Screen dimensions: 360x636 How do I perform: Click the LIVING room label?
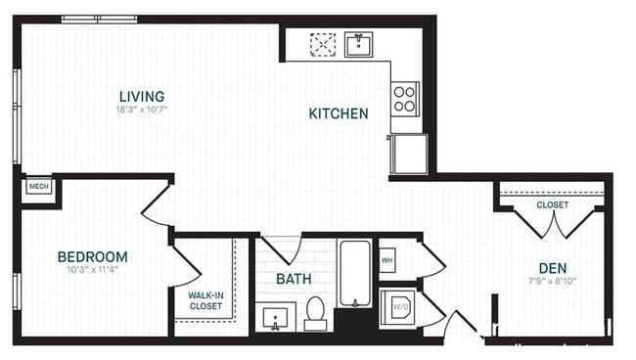(x=142, y=96)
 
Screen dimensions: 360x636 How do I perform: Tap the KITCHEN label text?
(x=339, y=113)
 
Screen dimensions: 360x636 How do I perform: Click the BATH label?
(x=294, y=279)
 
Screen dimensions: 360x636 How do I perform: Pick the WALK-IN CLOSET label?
(x=205, y=299)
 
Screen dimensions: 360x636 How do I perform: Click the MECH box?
(x=38, y=186)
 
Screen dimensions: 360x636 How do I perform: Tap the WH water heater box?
(x=386, y=260)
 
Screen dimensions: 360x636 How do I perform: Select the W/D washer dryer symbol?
(x=400, y=307)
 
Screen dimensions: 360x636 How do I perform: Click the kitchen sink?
(x=359, y=44)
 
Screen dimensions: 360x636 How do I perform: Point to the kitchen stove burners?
(x=405, y=97)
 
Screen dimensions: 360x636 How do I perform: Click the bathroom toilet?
(x=315, y=311)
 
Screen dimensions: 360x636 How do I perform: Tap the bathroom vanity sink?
(x=274, y=317)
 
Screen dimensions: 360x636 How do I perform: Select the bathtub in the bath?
(x=354, y=273)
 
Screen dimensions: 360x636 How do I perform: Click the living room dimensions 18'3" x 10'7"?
(x=142, y=111)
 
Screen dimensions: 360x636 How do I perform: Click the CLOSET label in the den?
(x=553, y=205)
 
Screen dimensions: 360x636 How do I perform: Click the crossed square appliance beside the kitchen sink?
(x=323, y=45)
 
